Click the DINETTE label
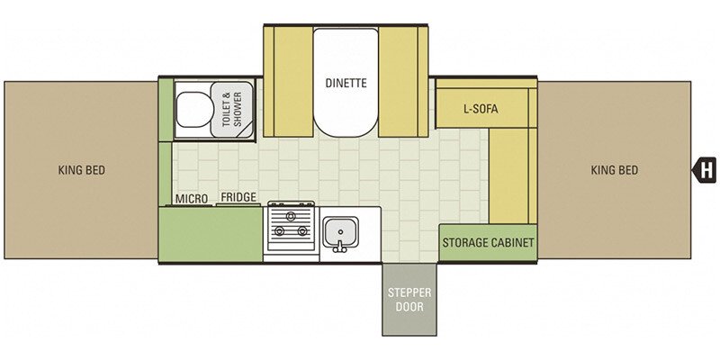click(346, 83)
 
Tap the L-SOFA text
click(481, 109)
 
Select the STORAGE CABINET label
click(488, 242)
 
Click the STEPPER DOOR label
click(409, 300)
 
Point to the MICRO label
click(192, 199)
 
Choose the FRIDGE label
click(238, 197)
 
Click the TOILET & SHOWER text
click(232, 109)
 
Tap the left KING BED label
click(81, 170)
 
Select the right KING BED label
click(614, 170)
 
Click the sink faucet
click(340, 247)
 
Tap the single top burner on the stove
click(290, 216)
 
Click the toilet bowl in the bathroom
click(194, 109)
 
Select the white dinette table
click(346, 82)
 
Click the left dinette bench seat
click(288, 81)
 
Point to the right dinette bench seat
click(403, 81)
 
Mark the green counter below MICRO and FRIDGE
click(211, 234)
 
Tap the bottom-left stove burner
click(279, 231)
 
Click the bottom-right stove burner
click(302, 231)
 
